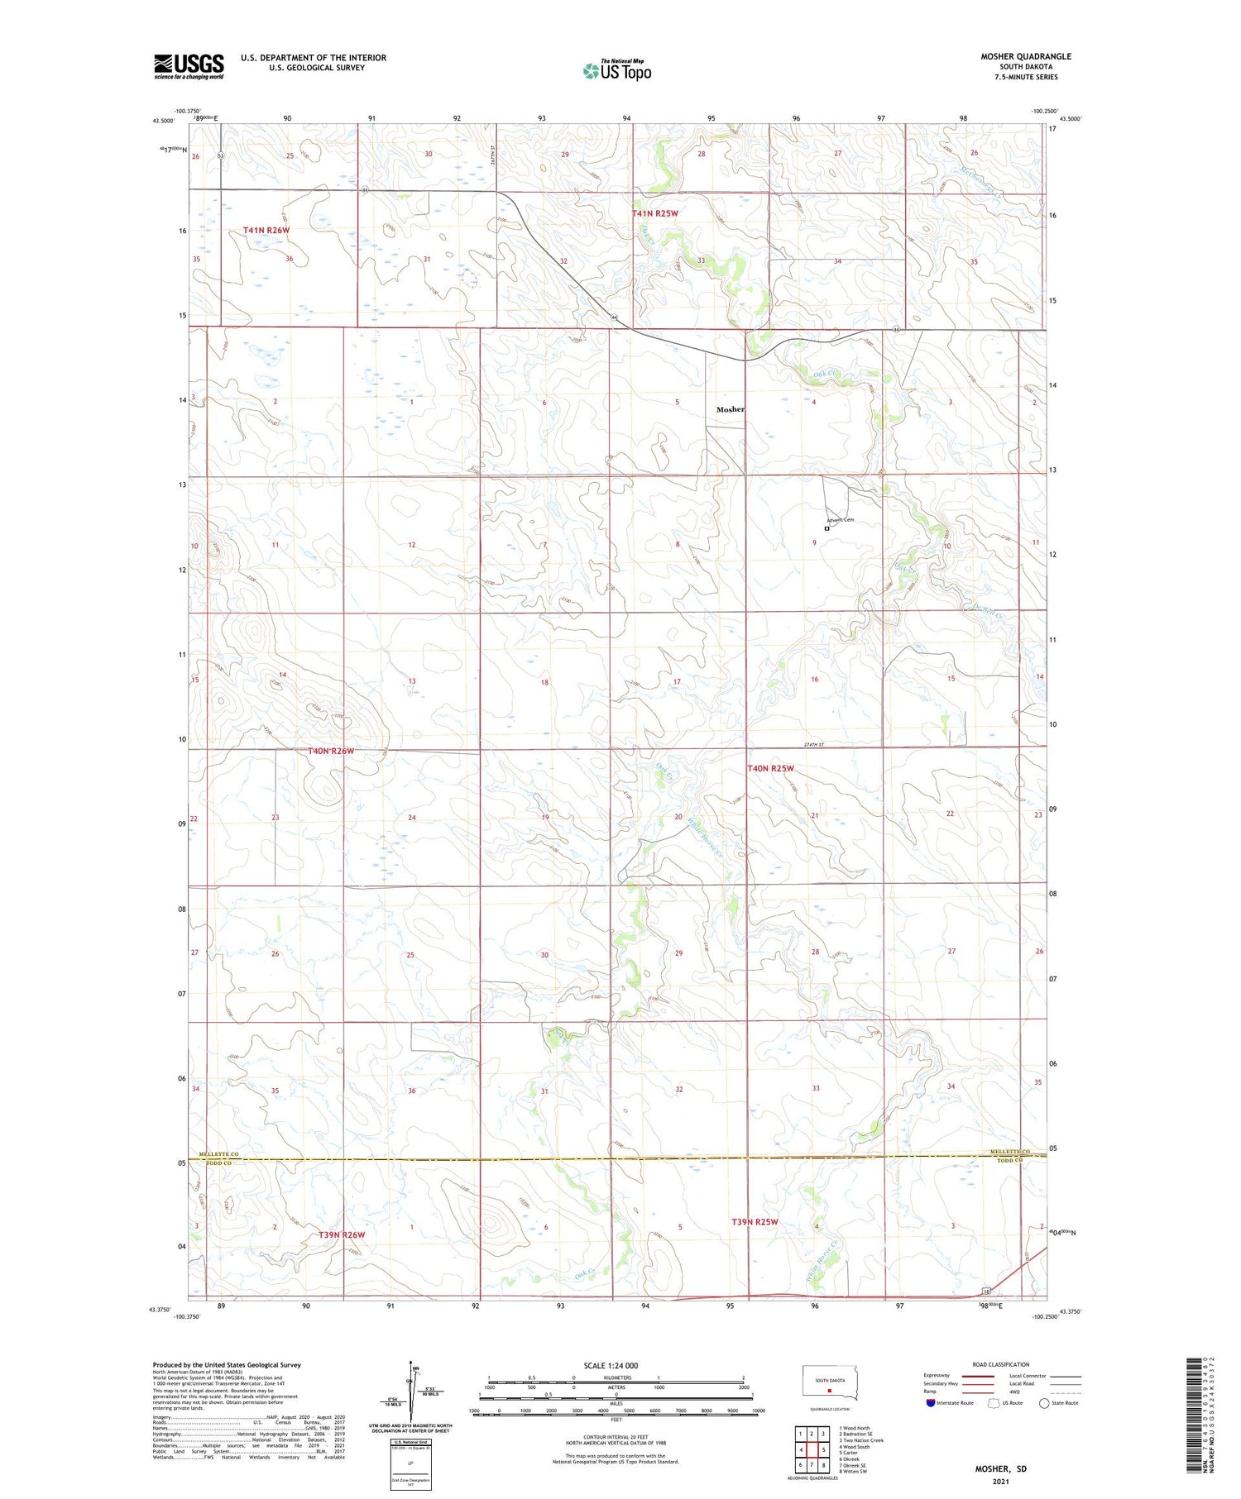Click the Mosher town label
[x=730, y=409]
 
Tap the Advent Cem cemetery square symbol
[x=827, y=528]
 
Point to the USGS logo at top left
[x=189, y=66]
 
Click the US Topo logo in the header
[x=616, y=71]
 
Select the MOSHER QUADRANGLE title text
[x=1026, y=56]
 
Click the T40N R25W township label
[x=770, y=768]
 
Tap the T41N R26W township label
[x=266, y=230]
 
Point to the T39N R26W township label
[x=342, y=1234]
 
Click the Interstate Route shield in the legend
[x=931, y=1402]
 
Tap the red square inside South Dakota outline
[x=829, y=1390]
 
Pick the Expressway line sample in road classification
[x=977, y=1376]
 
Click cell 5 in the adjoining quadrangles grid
[x=823, y=1450]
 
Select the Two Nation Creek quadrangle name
[x=861, y=1440]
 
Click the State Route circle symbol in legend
[x=1044, y=1402]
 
